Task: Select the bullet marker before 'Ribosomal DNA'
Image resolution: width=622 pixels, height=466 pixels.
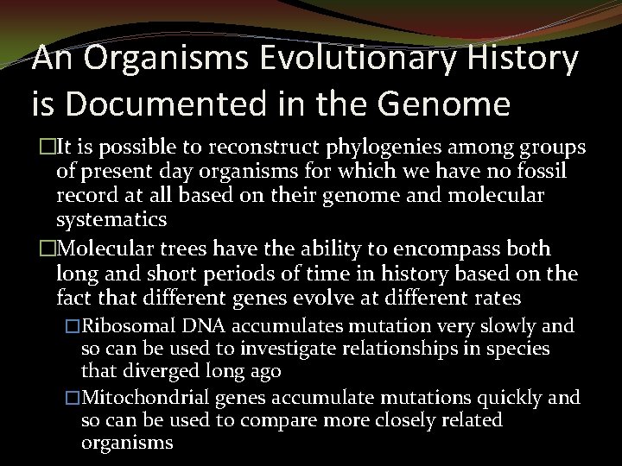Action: (73, 327)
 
